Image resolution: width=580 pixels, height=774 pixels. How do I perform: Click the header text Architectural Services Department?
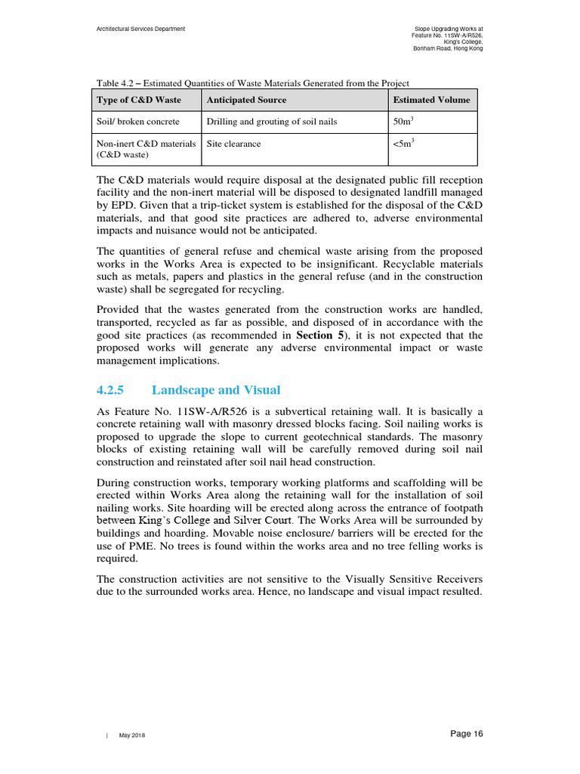pos(140,29)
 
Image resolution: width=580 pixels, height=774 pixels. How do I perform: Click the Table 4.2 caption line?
pos(253,83)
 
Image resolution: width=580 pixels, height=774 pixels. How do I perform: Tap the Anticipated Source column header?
pos(246,100)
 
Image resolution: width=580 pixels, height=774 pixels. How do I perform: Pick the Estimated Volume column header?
pos(431,100)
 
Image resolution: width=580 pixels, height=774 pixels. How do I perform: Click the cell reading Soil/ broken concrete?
pos(138,122)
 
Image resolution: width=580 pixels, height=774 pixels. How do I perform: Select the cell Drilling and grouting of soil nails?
pos(271,122)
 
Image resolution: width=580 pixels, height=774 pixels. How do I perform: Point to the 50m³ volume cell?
pos(404,121)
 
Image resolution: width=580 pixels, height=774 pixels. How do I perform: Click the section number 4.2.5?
pos(110,390)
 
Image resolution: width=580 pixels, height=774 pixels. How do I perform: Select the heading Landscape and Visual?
pos(215,390)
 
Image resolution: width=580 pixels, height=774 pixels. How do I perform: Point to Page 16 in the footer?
pos(466,734)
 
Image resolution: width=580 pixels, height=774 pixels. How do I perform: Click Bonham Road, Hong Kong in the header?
pos(448,48)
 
